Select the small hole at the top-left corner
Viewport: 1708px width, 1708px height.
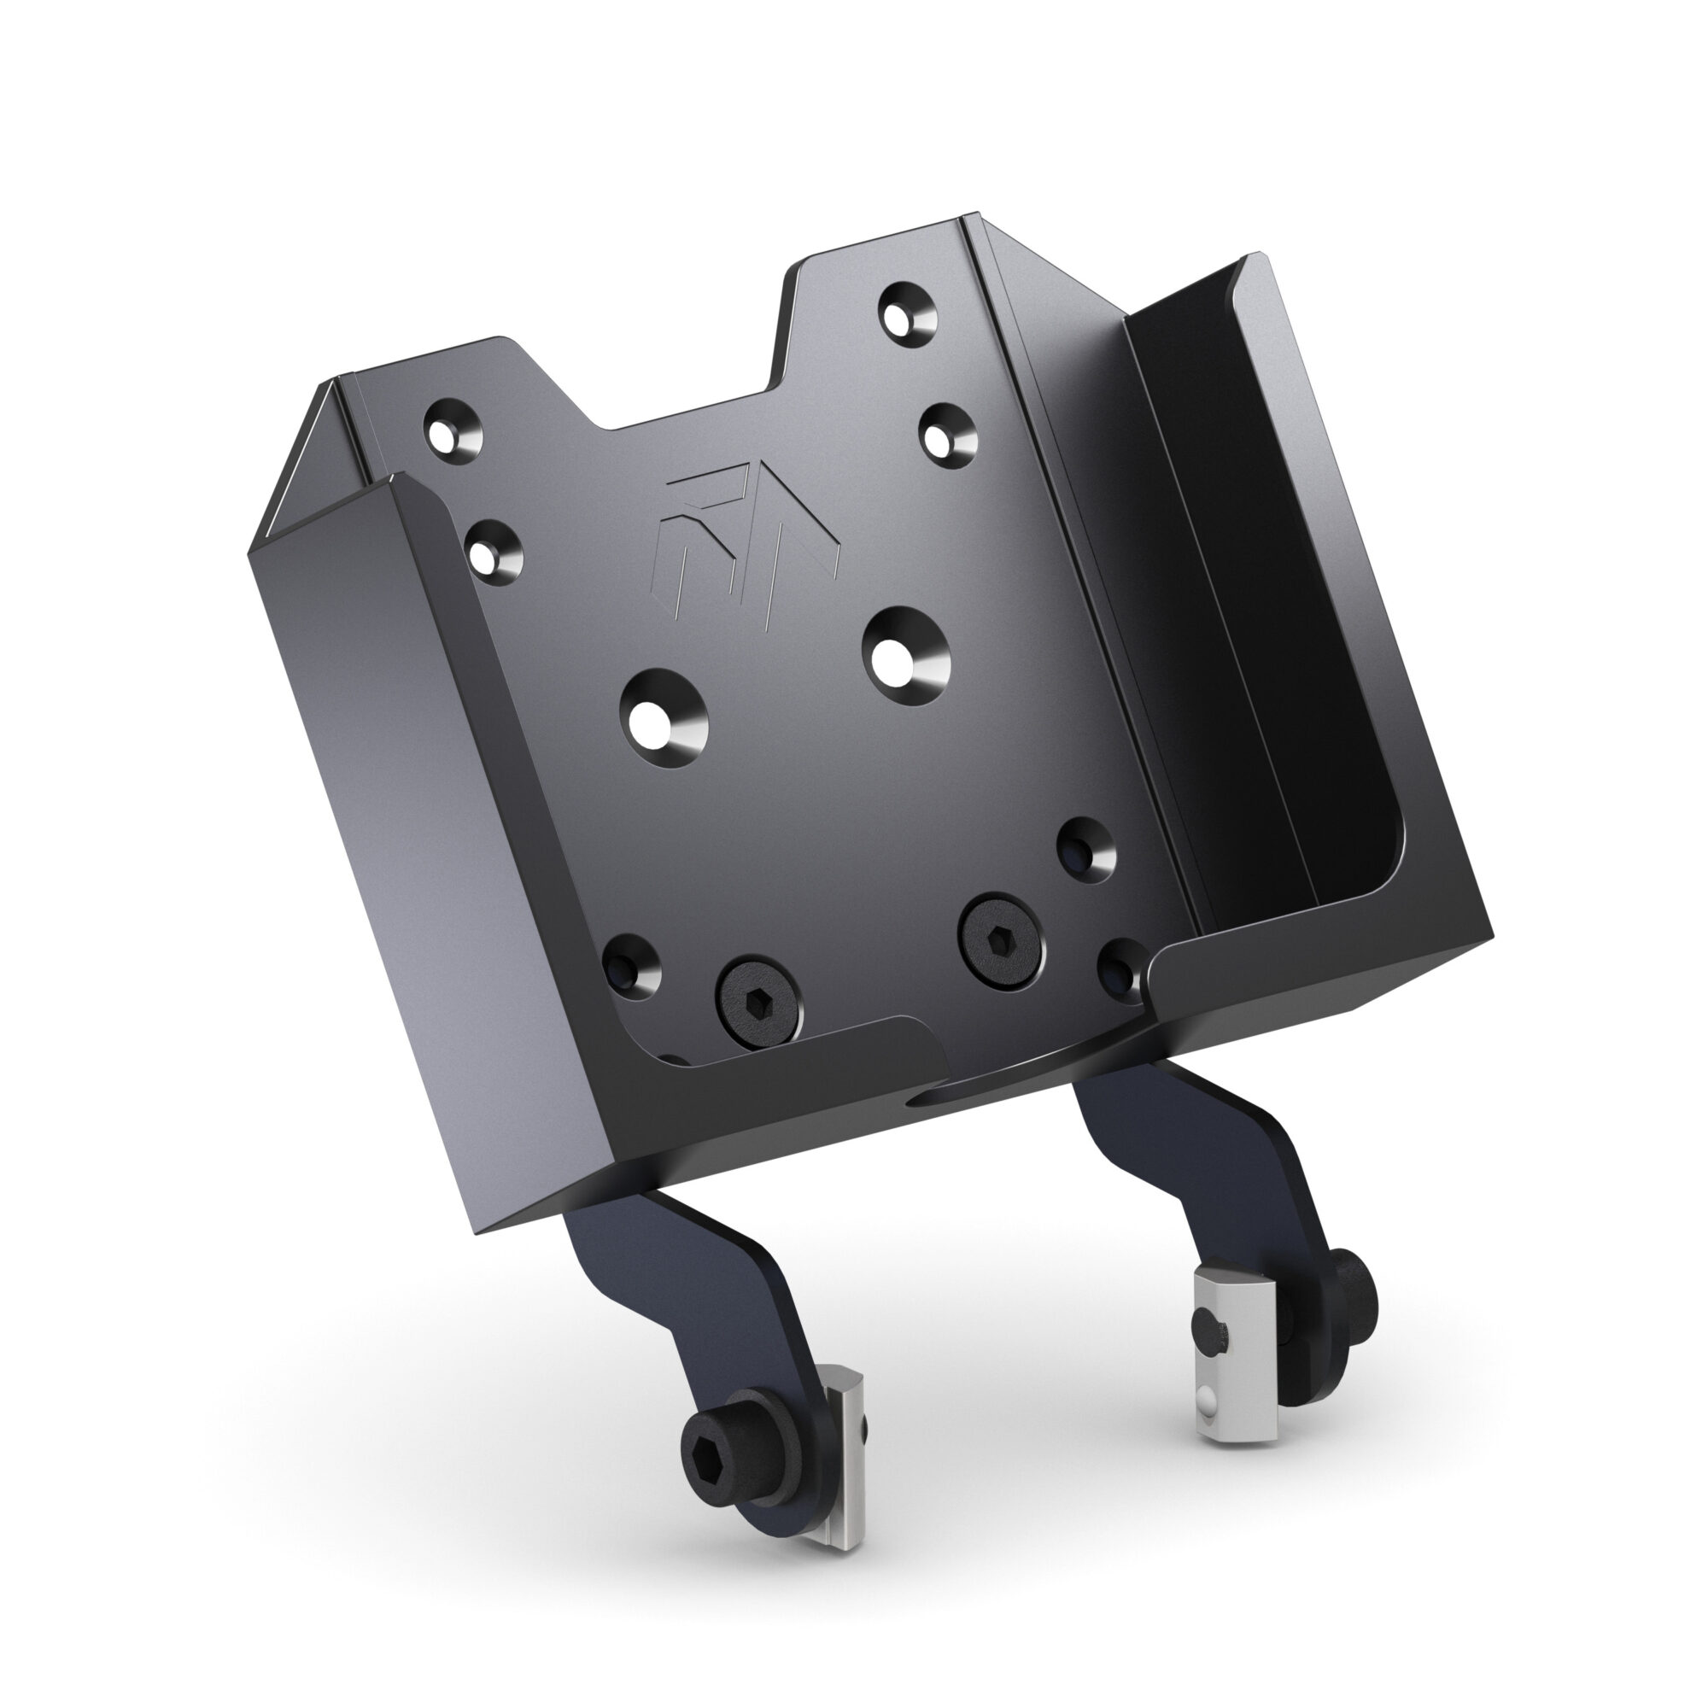coord(453,427)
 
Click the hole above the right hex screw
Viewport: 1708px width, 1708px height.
coord(1085,847)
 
